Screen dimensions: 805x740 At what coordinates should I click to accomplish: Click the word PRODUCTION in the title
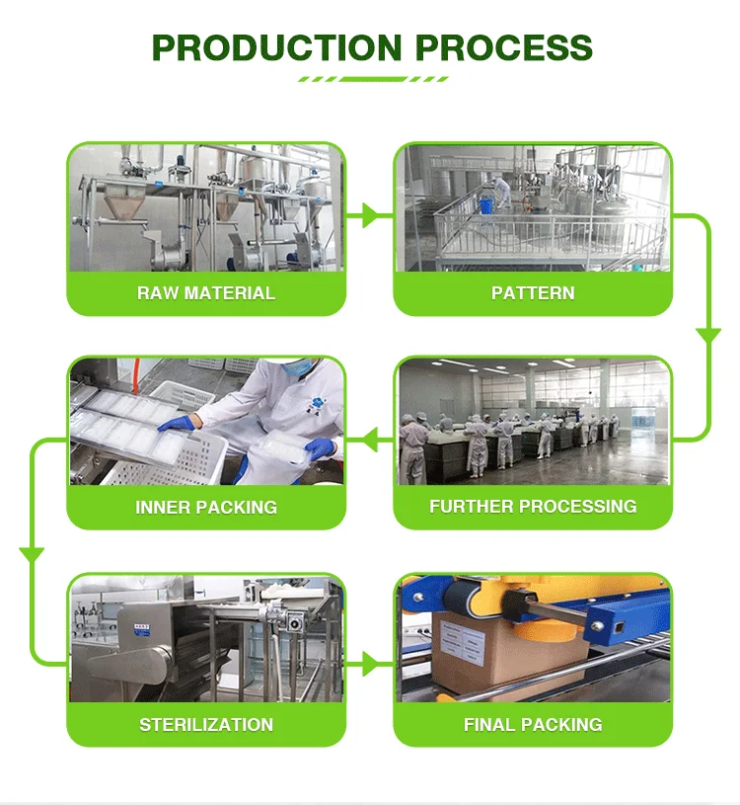[x=276, y=47]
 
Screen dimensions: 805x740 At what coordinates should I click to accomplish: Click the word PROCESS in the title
[x=504, y=47]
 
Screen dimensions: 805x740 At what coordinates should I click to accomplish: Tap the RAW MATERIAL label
[x=206, y=293]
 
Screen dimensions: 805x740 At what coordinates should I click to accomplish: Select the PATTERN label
[x=533, y=293]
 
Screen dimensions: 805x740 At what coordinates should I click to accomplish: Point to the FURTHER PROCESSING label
[x=533, y=507]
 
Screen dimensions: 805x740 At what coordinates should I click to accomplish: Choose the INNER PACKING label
[x=206, y=508]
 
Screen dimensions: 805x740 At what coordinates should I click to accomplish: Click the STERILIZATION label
[x=206, y=724]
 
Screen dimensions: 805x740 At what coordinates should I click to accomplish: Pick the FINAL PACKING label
[x=533, y=724]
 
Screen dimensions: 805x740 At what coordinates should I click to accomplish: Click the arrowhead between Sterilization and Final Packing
[x=370, y=664]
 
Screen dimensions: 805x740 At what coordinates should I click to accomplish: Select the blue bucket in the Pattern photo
[x=485, y=204]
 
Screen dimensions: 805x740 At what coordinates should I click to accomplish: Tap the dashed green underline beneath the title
[x=373, y=79]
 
